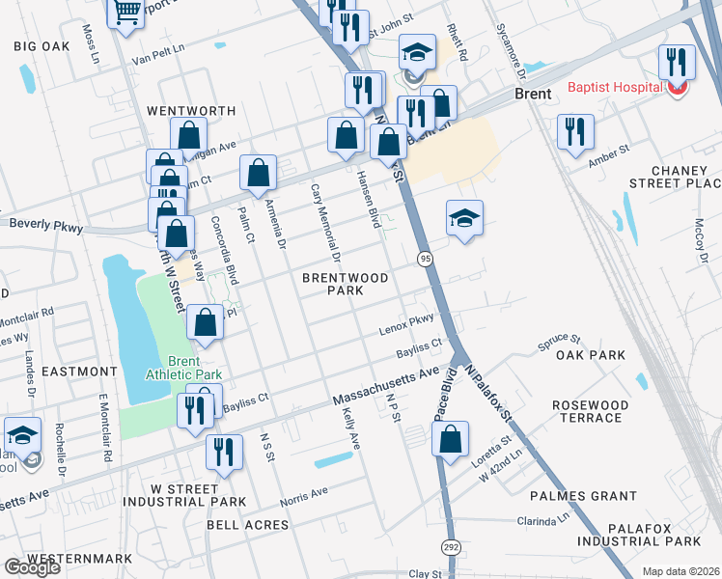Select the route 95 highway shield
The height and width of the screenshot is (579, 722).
click(425, 258)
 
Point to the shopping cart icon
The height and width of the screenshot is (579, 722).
click(126, 14)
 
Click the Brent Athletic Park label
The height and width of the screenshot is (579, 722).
click(183, 368)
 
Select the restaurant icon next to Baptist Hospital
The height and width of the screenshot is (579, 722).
click(677, 64)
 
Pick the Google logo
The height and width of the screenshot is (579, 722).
click(32, 567)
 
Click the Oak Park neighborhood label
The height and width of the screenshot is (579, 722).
click(591, 356)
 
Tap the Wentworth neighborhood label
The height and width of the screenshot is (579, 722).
click(191, 111)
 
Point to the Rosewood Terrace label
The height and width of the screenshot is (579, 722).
click(590, 411)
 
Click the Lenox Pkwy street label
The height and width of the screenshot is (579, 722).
click(406, 323)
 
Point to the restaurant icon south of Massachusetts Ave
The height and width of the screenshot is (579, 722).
click(224, 454)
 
